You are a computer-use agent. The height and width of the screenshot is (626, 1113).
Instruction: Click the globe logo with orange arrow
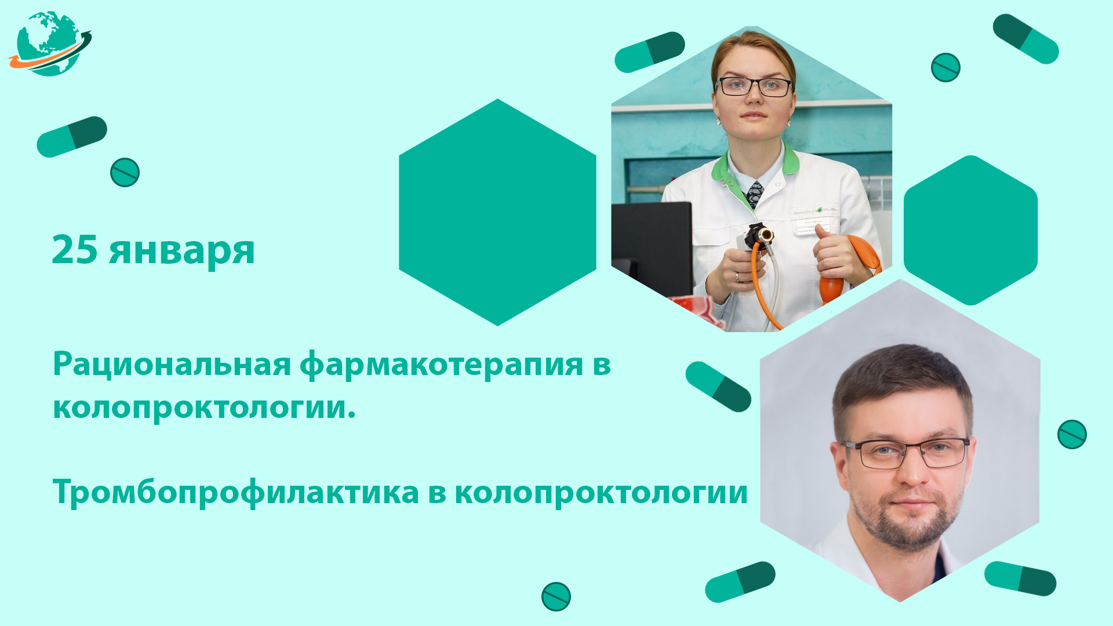point(50,43)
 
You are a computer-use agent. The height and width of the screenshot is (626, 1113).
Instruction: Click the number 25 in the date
point(75,250)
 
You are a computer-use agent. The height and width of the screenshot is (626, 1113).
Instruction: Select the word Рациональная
point(172,365)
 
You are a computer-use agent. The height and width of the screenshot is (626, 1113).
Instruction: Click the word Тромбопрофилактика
point(236,493)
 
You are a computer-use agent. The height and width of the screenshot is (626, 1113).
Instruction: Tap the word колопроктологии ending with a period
point(204,407)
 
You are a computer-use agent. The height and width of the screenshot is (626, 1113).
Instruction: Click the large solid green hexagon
point(497,212)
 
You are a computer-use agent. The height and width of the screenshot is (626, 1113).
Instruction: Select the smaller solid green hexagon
point(970,230)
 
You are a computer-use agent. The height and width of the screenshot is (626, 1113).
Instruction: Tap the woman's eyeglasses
point(754,87)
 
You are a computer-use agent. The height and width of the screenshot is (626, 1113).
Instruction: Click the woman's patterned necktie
point(755,193)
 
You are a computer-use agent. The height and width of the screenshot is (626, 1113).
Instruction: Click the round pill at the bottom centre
point(556,596)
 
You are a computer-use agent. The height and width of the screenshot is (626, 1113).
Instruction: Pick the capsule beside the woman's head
point(650,52)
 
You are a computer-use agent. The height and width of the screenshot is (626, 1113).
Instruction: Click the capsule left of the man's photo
point(718,387)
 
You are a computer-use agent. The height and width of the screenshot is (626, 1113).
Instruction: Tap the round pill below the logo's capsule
point(125,172)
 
